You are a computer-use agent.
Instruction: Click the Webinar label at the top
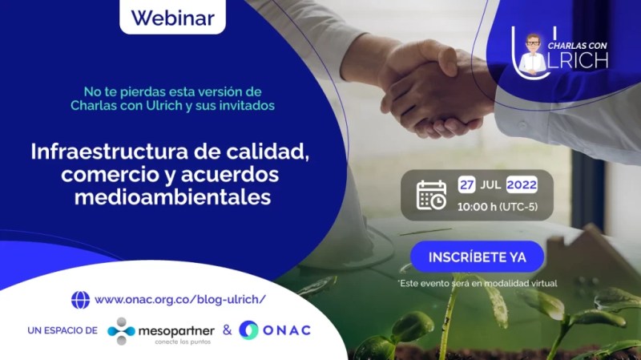pyautogui.click(x=171, y=17)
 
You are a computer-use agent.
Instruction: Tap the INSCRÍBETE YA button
pyautogui.click(x=477, y=257)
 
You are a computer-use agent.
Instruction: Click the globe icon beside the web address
pyautogui.click(x=80, y=300)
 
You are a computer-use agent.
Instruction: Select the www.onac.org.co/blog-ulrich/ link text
pyautogui.click(x=179, y=300)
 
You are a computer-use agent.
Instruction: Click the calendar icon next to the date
pyautogui.click(x=431, y=195)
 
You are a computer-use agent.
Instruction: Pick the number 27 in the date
pyautogui.click(x=466, y=184)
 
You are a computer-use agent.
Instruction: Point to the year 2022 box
pyautogui.click(x=521, y=184)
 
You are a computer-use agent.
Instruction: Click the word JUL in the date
pyautogui.click(x=491, y=184)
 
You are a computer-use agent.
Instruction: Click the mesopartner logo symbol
pyautogui.click(x=122, y=330)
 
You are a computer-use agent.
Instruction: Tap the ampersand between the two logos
pyautogui.click(x=227, y=330)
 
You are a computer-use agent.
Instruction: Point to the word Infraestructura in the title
pyautogui.click(x=114, y=151)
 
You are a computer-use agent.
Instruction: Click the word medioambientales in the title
pyautogui.click(x=172, y=196)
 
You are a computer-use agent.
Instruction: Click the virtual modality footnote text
pyautogui.click(x=477, y=283)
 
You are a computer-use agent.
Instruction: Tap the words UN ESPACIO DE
pyautogui.click(x=62, y=330)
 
